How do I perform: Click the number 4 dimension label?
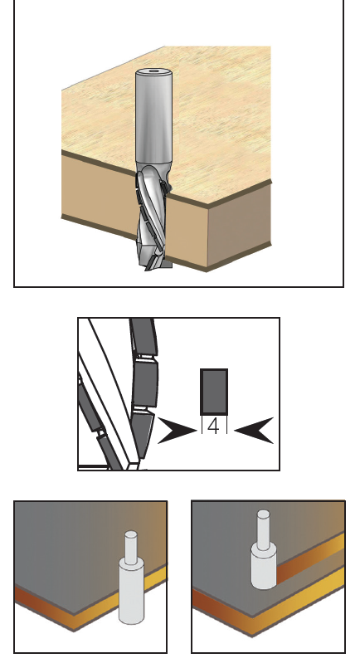pyautogui.click(x=214, y=427)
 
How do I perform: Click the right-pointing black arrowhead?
pyautogui.click(x=177, y=431)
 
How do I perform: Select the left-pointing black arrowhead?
pyautogui.click(x=255, y=431)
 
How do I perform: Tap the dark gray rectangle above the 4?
pyautogui.click(x=214, y=392)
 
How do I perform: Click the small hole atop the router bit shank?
pyautogui.click(x=153, y=72)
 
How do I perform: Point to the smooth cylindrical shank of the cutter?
pyautogui.click(x=153, y=117)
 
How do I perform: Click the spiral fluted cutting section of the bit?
pyautogui.click(x=153, y=217)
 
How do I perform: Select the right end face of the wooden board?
pyautogui.click(x=240, y=225)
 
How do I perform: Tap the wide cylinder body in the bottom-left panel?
pyautogui.click(x=131, y=592)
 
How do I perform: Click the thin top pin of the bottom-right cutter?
pyautogui.click(x=263, y=527)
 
